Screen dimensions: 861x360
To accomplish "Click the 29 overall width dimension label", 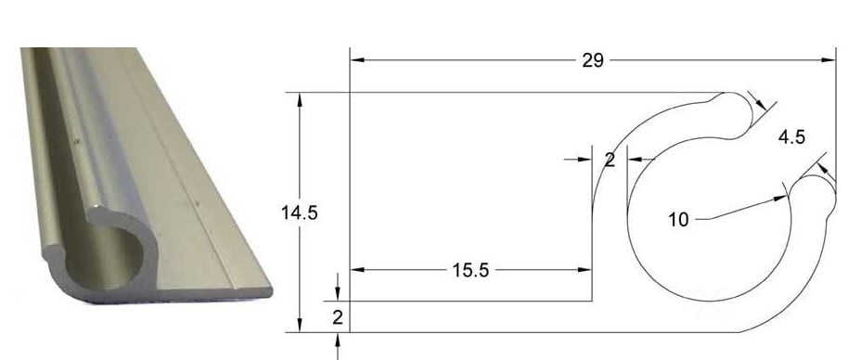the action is tap(593, 60).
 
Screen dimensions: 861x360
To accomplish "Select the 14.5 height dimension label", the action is tap(300, 212).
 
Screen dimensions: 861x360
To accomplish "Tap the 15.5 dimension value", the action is tap(470, 270).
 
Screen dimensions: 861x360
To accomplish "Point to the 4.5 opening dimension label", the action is tap(791, 137).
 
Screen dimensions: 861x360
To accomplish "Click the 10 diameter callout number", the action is tap(678, 220).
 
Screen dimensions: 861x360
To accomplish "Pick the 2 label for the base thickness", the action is tap(338, 317).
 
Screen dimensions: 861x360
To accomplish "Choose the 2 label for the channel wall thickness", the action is tap(610, 160).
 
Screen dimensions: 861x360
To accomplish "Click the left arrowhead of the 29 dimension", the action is tap(357, 59).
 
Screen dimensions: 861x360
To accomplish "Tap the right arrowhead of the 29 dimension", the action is tap(829, 59).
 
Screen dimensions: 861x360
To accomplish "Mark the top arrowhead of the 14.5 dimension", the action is tap(300, 99).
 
